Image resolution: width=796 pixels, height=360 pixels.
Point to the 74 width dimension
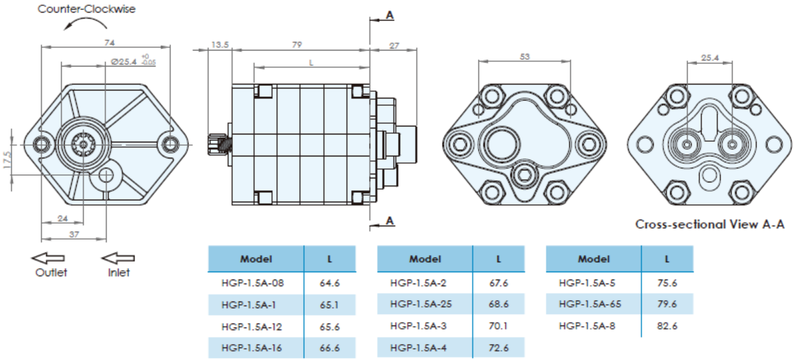tap(110, 43)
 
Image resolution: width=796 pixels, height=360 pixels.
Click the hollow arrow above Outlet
tap(49, 258)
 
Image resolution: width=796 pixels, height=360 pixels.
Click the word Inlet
tap(118, 272)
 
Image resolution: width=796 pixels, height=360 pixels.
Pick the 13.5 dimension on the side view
tap(220, 45)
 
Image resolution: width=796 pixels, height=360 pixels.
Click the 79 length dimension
tap(297, 45)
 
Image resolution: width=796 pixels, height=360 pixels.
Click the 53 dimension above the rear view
tap(524, 57)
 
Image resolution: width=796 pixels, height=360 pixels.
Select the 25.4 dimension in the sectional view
tap(709, 58)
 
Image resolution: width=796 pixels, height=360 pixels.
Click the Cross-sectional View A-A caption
tap(709, 224)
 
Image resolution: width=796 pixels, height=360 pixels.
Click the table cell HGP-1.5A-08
tap(252, 283)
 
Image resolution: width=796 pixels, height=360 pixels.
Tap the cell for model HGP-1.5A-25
tap(421, 304)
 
